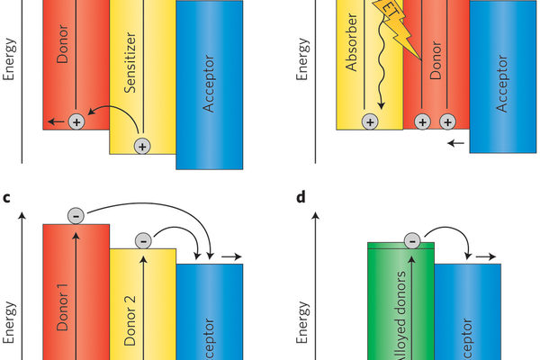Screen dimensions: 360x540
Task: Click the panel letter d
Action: click(x=301, y=194)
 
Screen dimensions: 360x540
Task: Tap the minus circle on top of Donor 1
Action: click(x=77, y=215)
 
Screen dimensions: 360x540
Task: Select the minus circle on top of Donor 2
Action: click(x=142, y=239)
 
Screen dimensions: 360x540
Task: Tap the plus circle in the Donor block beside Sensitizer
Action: click(x=76, y=121)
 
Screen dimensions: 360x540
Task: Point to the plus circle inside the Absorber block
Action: click(x=369, y=121)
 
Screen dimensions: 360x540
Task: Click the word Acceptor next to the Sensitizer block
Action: click(x=209, y=86)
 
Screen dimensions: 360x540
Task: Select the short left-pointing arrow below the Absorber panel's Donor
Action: click(x=456, y=141)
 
